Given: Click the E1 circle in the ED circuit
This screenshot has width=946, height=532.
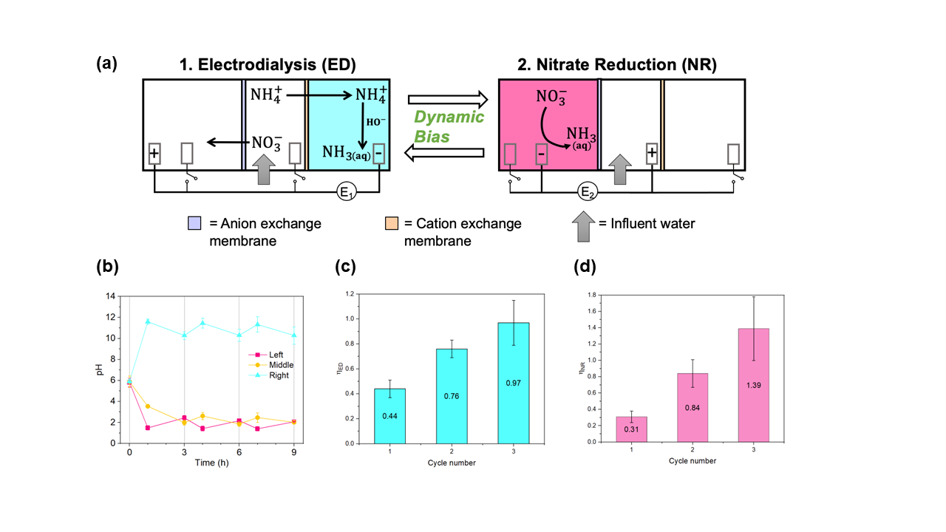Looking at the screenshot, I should [346, 194].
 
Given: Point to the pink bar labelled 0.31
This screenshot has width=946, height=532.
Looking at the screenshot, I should [631, 429].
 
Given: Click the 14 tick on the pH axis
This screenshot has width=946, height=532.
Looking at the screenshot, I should [112, 296].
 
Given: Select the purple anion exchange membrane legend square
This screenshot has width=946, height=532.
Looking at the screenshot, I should [194, 223].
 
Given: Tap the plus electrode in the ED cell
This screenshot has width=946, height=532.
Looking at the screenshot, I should [154, 154].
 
